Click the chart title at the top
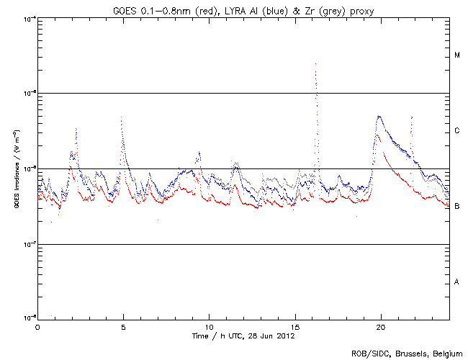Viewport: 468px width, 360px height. [243, 9]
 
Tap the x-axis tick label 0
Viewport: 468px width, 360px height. [37, 327]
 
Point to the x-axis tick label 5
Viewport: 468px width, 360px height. [123, 327]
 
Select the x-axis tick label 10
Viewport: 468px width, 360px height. [209, 327]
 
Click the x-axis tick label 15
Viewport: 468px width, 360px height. [295, 327]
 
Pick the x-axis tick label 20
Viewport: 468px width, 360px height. [381, 327]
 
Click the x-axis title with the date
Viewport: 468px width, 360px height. [243, 336]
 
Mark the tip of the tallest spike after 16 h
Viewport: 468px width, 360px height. [316, 63]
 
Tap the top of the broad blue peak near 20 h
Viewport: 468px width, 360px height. [379, 116]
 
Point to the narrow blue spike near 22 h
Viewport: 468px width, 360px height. [411, 117]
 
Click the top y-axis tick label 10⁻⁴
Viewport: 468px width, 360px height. [27, 19]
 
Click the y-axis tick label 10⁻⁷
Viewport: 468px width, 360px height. [27, 243]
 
